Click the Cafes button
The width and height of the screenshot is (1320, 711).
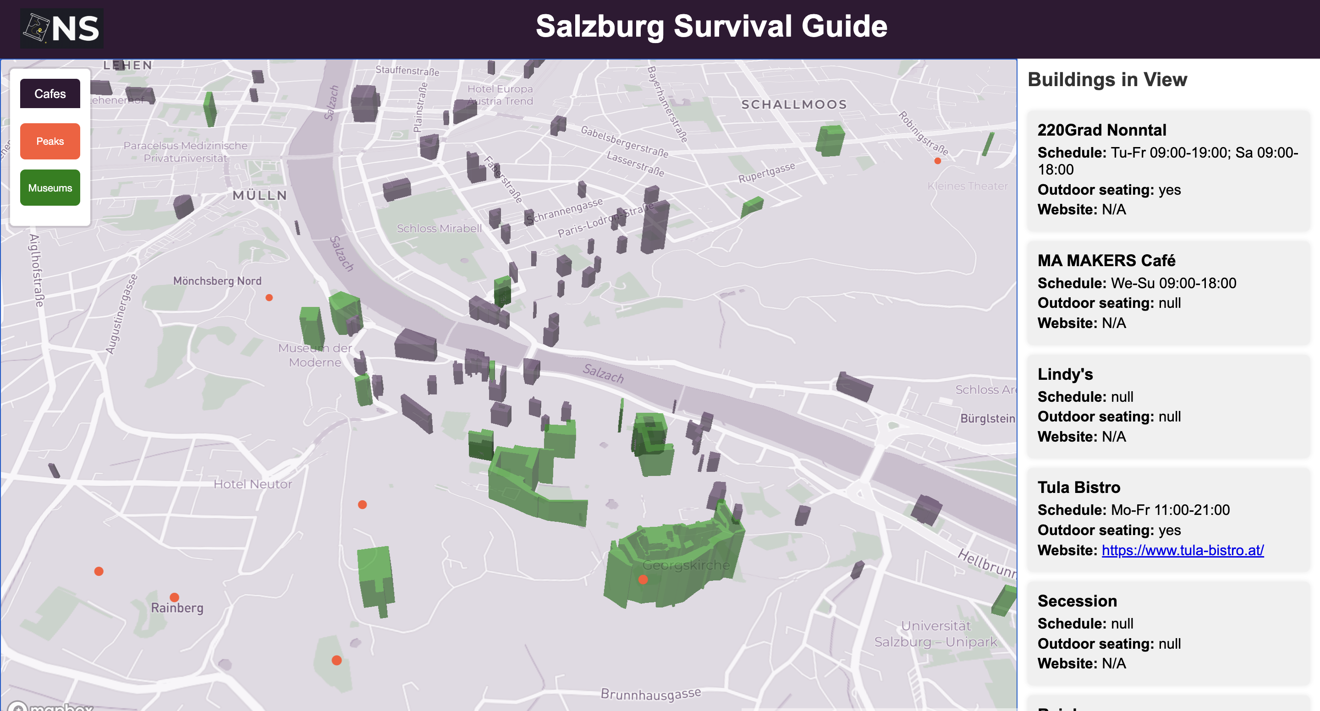(x=49, y=94)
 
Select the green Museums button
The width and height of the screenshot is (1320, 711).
(x=49, y=188)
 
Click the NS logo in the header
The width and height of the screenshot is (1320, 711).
(x=61, y=28)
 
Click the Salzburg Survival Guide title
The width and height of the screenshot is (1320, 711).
(x=711, y=27)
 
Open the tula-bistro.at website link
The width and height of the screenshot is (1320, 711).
(x=1182, y=550)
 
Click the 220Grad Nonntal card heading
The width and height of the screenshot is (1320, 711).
(x=1101, y=130)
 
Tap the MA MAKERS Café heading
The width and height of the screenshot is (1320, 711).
(x=1106, y=261)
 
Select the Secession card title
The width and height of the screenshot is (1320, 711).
(x=1077, y=601)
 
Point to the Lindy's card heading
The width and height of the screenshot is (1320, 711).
(x=1065, y=374)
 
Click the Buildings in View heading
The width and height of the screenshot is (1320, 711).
(x=1107, y=80)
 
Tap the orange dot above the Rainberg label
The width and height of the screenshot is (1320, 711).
(x=174, y=597)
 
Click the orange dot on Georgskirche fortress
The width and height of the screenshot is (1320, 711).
(x=643, y=580)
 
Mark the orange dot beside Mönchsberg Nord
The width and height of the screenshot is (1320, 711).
(x=269, y=298)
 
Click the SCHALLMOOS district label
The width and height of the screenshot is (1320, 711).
(x=794, y=104)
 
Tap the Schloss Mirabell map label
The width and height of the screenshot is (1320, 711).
(x=439, y=229)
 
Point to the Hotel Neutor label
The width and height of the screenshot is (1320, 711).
(x=253, y=484)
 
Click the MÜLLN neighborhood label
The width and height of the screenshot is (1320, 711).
(x=259, y=195)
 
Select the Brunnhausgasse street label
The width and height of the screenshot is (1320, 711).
(x=650, y=694)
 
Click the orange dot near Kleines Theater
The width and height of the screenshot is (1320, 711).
(x=937, y=161)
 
